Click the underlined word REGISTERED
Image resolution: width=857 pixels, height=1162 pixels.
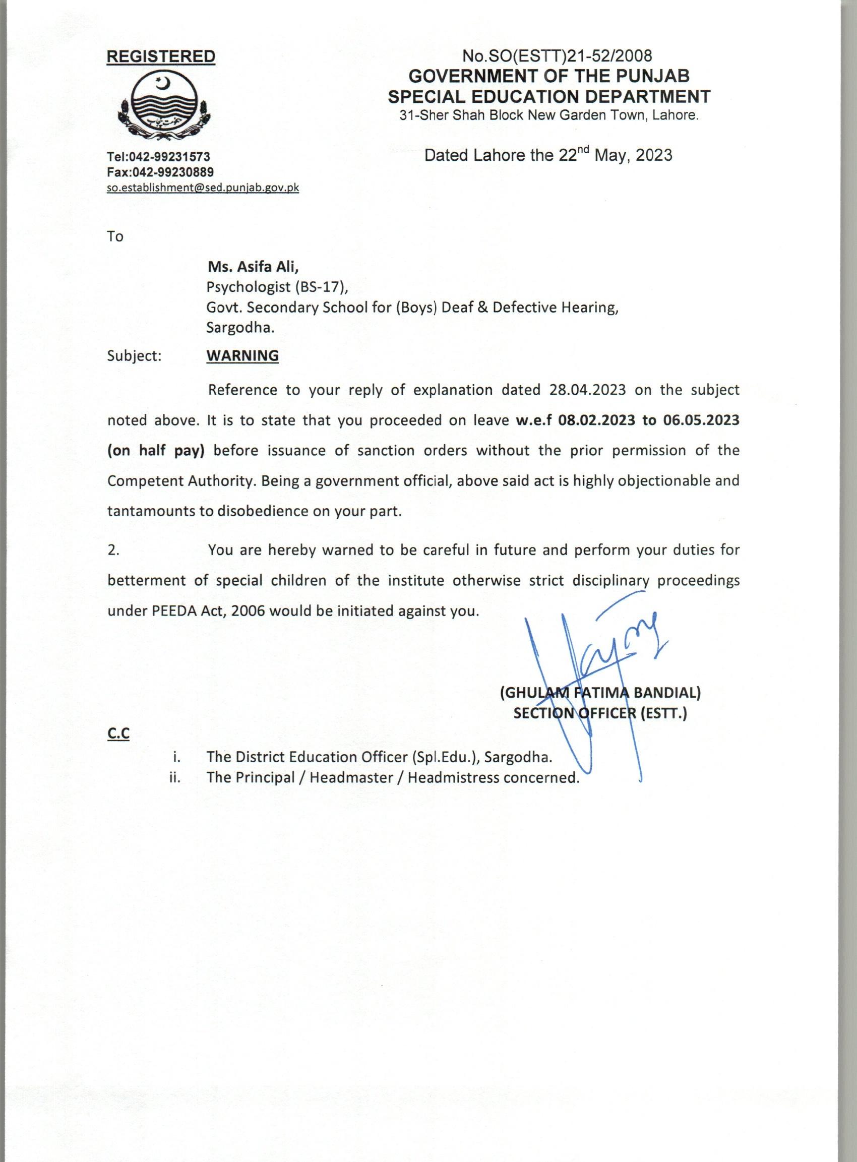161,56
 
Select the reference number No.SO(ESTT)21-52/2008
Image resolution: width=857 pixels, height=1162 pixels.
557,55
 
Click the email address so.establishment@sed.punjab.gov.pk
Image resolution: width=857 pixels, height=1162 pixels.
203,188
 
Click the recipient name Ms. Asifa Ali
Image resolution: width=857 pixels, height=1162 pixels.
253,267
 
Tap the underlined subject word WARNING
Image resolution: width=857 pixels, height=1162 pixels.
242,356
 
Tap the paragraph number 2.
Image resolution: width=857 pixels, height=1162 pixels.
113,551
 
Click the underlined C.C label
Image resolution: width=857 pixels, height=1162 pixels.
118,734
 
